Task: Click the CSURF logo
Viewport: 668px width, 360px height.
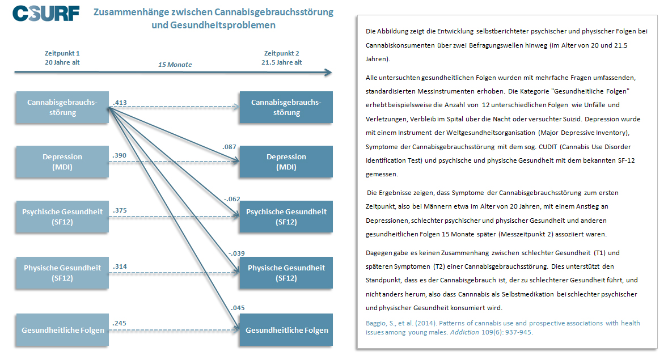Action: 46,14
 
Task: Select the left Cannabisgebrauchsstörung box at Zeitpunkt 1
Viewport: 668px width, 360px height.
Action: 62,107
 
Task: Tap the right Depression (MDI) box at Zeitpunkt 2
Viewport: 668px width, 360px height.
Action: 286,162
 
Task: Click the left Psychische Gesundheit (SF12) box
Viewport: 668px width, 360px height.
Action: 62,217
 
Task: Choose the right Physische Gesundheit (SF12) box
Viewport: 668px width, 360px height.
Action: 286,273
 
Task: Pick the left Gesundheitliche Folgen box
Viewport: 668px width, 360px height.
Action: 62,330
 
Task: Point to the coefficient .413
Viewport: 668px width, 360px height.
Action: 120,103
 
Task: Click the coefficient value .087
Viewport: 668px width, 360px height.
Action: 229,147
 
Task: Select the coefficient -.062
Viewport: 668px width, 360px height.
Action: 232,199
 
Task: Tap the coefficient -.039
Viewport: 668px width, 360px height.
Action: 236,253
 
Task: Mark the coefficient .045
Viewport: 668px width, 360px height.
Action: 238,308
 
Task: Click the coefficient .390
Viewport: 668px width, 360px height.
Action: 119,155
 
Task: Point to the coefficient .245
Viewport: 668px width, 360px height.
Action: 119,323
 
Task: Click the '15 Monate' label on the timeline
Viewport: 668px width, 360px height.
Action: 175,65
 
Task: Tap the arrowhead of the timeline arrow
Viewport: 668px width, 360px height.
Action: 328,73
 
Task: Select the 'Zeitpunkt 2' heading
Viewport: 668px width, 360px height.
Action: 282,53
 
